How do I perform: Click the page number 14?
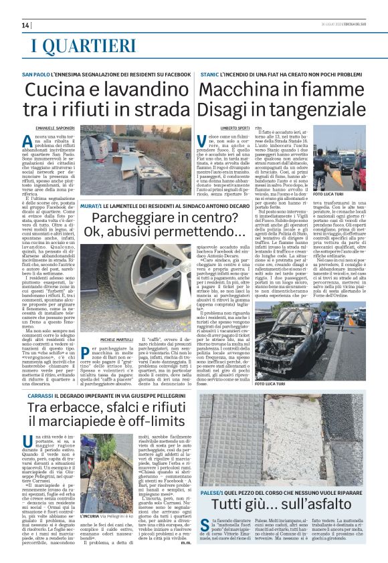click(x=26, y=25)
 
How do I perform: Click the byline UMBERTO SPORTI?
click(x=234, y=126)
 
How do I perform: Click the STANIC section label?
click(x=209, y=73)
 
